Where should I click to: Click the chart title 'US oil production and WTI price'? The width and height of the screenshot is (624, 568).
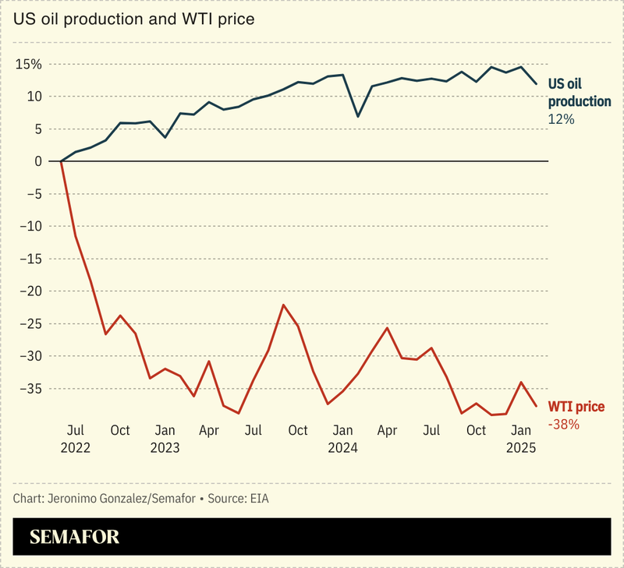click(x=133, y=19)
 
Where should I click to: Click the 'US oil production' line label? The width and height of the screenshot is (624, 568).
click(x=579, y=93)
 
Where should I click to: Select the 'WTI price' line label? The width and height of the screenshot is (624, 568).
click(x=576, y=407)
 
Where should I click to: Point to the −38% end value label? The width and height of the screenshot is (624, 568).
click(x=563, y=425)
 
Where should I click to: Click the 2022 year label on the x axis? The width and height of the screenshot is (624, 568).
click(x=76, y=448)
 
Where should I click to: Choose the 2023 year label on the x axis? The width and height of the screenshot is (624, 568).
click(x=165, y=448)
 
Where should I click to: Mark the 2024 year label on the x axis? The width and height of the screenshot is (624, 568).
click(x=342, y=448)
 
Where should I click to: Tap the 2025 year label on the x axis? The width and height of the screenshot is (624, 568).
click(x=521, y=448)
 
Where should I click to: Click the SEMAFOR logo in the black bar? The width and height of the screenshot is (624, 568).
click(x=74, y=537)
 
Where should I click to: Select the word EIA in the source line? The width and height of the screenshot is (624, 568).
click(x=260, y=497)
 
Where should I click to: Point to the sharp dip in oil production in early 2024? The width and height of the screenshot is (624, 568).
click(x=357, y=116)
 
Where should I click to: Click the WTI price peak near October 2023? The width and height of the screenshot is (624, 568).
click(x=284, y=305)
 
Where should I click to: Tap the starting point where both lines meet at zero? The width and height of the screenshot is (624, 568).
click(x=61, y=161)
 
